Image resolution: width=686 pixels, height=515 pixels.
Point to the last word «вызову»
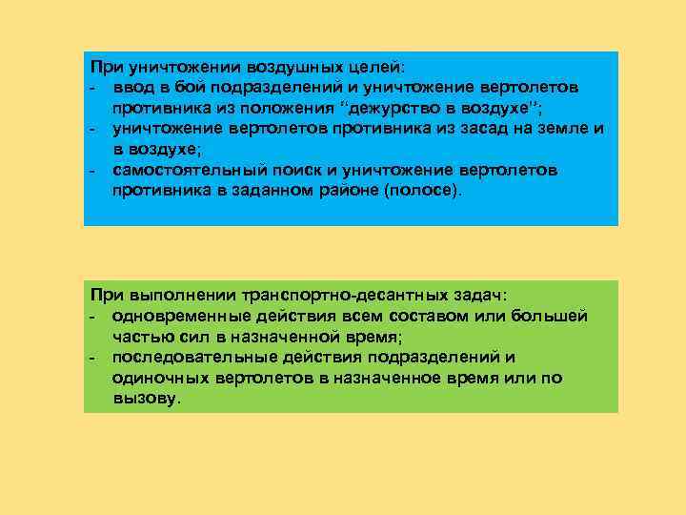(144, 398)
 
